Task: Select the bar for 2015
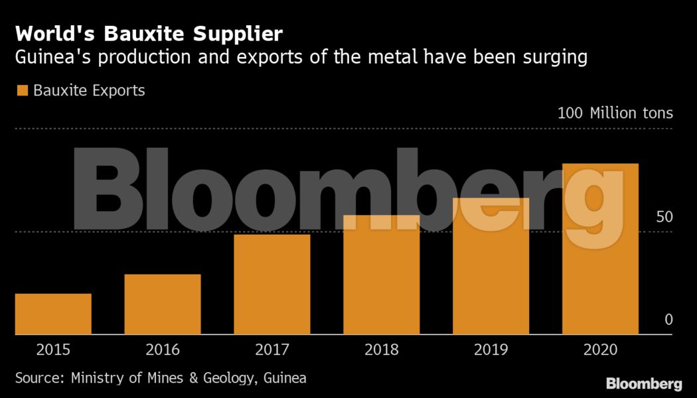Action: click(x=53, y=314)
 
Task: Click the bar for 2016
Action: click(x=163, y=304)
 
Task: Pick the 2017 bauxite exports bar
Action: click(x=272, y=285)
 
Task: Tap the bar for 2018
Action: click(x=382, y=275)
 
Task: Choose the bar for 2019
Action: click(x=491, y=266)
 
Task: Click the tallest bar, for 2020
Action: click(x=600, y=249)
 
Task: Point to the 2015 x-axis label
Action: click(x=53, y=350)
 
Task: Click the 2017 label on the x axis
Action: click(x=272, y=350)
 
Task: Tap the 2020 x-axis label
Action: click(x=600, y=350)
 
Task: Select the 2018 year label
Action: click(x=382, y=350)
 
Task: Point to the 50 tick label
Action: click(x=664, y=217)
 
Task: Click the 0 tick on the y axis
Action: click(x=668, y=320)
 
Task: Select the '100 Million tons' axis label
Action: click(x=615, y=113)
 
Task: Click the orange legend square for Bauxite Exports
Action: click(x=22, y=90)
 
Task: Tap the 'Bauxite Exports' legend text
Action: click(x=89, y=90)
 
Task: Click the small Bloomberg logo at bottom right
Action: click(x=644, y=383)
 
